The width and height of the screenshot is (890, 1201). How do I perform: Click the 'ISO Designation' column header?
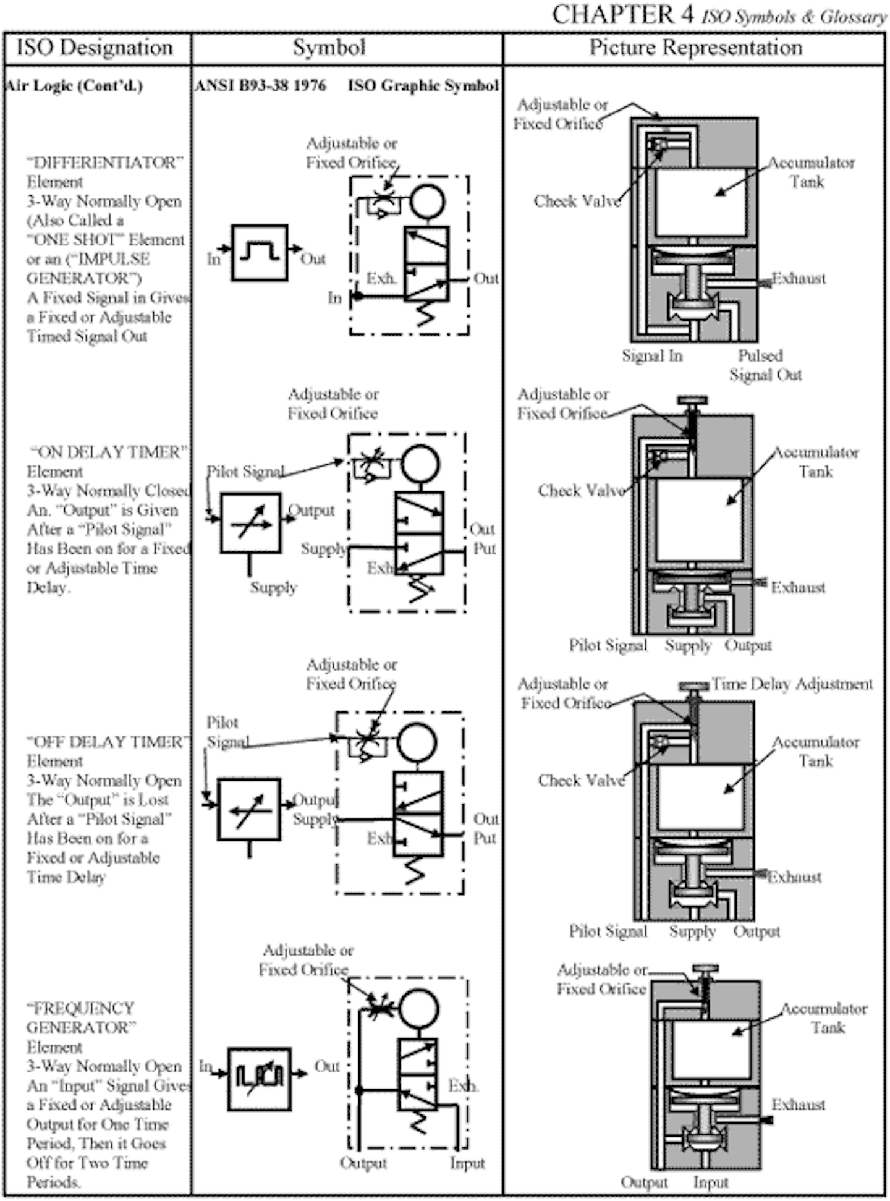tap(95, 48)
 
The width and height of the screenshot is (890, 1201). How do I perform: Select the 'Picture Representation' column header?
tap(696, 48)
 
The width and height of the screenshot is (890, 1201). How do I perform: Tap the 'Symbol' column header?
tap(329, 48)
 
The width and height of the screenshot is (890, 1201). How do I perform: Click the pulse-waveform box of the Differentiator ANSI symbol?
tap(260, 253)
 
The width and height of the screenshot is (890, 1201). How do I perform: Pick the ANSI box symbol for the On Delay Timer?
tap(251, 523)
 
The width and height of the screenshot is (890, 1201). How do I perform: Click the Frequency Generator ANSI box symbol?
tap(260, 1079)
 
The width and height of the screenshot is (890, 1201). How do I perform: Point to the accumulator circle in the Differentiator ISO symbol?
tap(428, 201)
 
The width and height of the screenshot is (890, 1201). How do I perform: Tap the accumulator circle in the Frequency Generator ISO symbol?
tap(420, 1008)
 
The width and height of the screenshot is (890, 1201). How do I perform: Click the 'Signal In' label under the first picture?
tap(653, 356)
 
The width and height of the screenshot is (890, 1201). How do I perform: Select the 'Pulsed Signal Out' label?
tap(765, 365)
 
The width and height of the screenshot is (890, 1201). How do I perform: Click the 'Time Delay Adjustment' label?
tap(792, 684)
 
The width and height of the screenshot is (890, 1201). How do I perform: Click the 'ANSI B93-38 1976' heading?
tap(260, 85)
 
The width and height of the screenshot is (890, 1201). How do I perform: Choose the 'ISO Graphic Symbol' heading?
tap(423, 85)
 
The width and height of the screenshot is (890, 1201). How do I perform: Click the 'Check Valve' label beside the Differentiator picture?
tap(577, 202)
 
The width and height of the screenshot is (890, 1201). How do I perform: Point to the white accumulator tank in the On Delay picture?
tap(700, 520)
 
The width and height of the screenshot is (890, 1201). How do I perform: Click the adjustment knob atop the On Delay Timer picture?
tap(693, 401)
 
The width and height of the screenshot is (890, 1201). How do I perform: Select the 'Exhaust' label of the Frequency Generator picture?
tap(799, 1105)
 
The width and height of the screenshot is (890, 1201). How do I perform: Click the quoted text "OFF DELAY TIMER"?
tap(109, 742)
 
